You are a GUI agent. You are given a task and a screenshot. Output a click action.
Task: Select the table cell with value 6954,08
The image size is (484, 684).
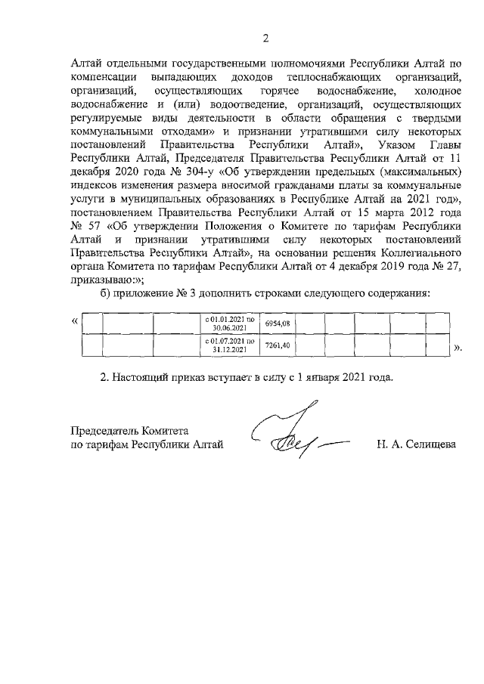277,323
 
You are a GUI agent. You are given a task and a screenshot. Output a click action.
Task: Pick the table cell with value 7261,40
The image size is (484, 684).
277,345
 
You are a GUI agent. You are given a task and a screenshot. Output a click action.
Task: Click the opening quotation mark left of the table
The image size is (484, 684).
73,321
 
